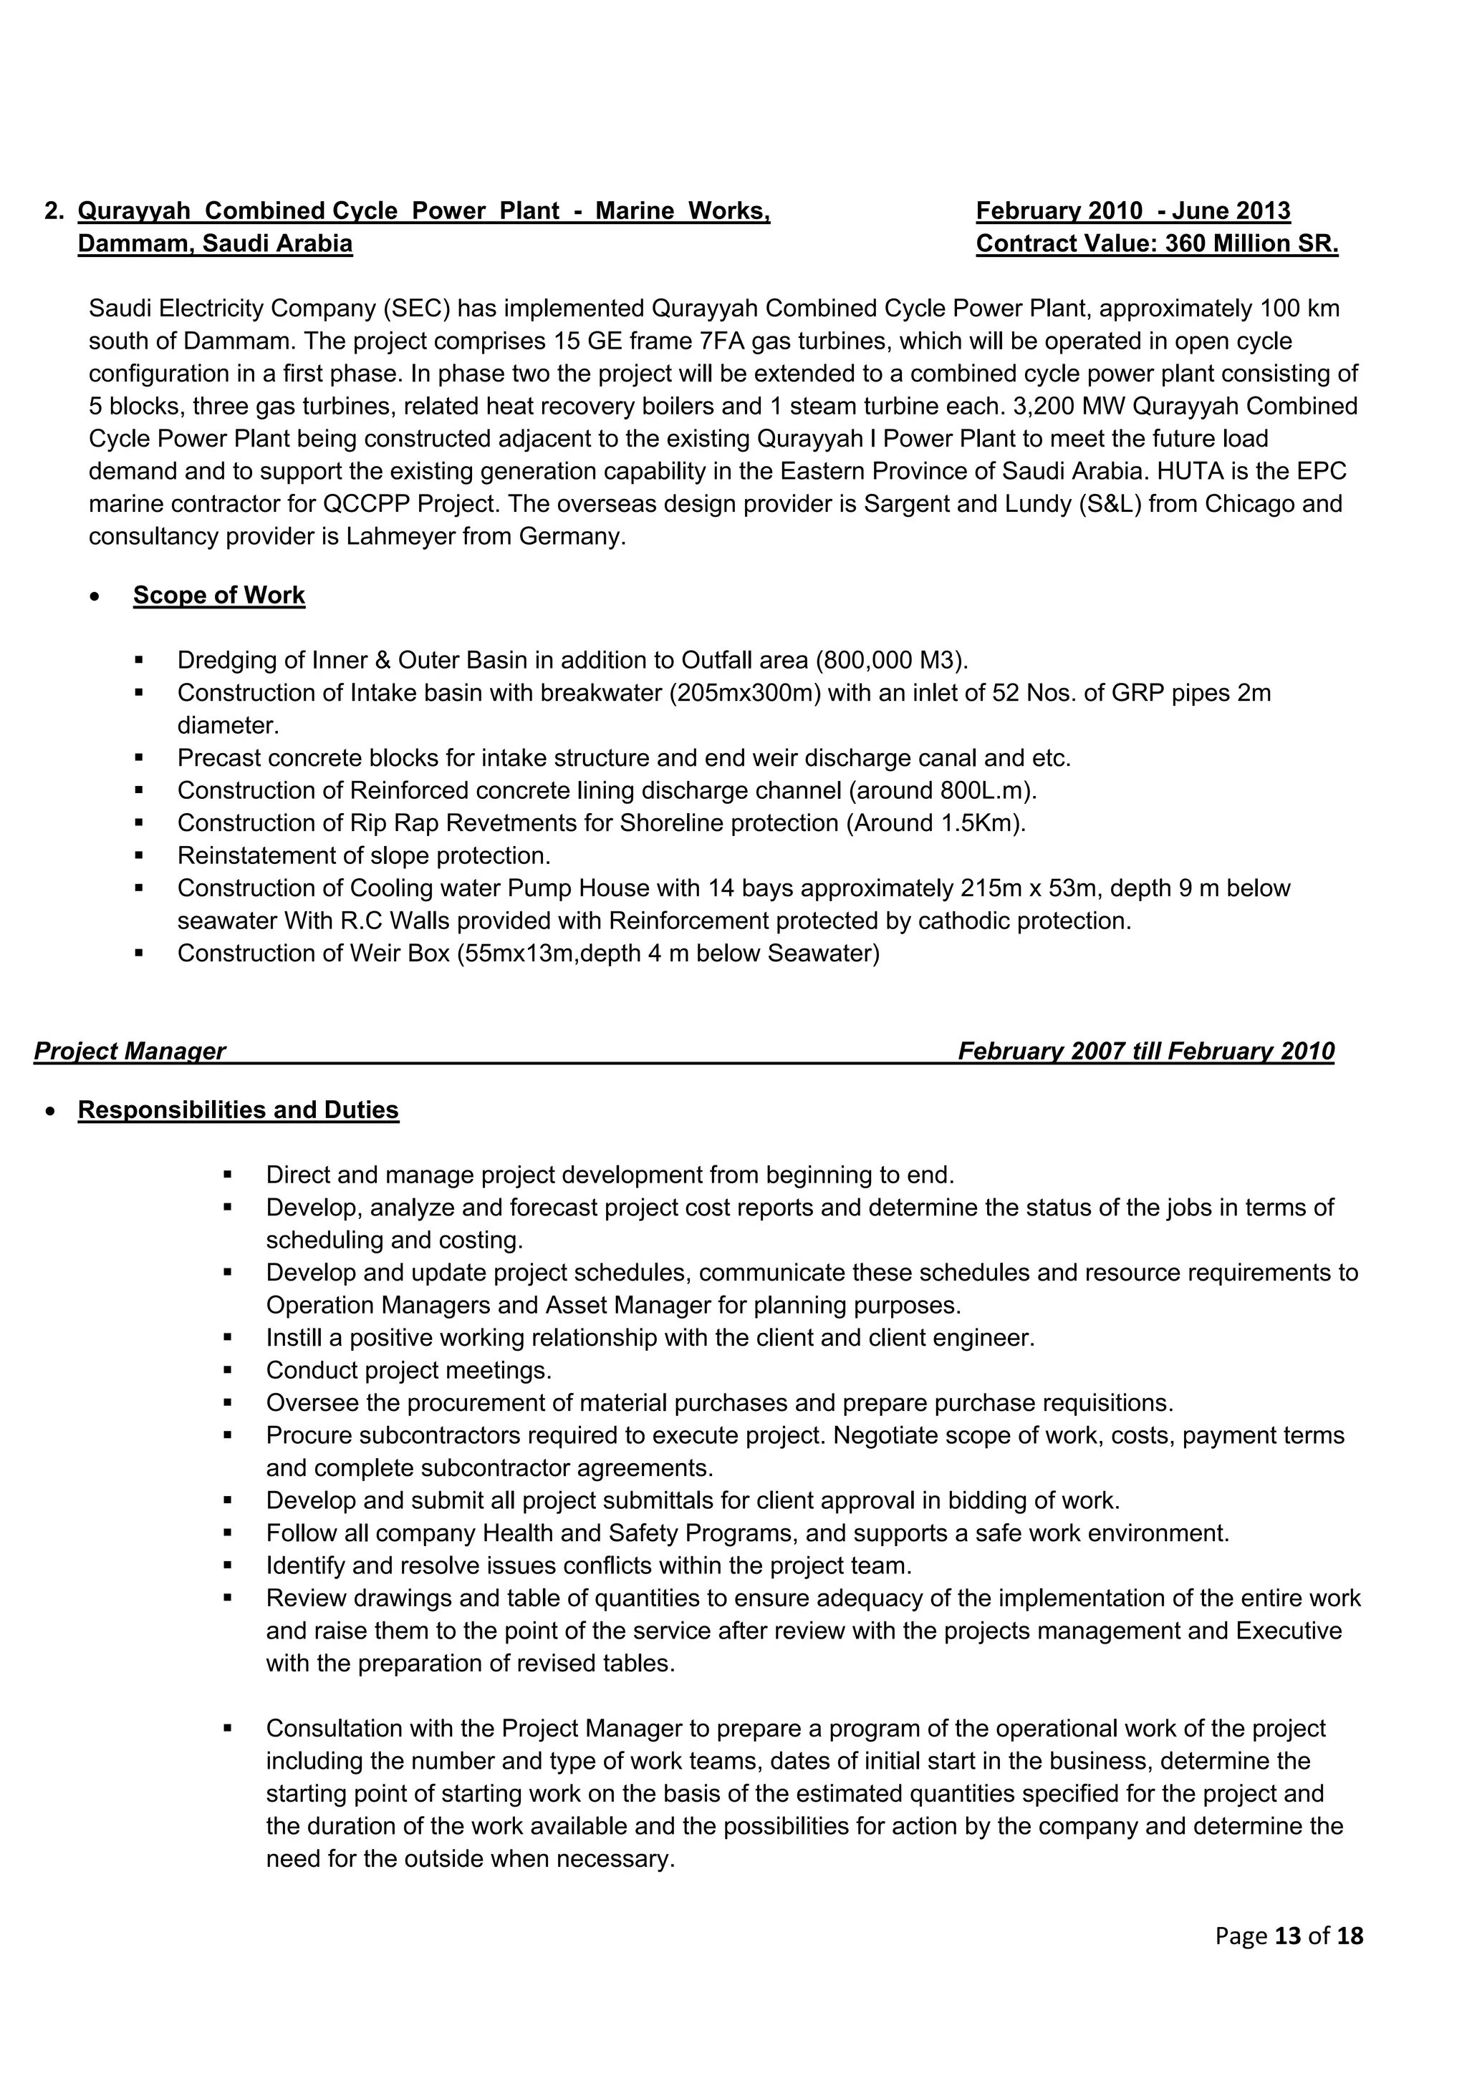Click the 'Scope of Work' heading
pos(218,596)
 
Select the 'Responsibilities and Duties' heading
pos(238,1110)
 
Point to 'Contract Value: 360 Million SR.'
pos(1156,244)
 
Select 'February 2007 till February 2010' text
pos(1145,1051)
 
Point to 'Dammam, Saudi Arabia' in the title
pos(215,244)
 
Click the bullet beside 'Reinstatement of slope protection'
pos(139,855)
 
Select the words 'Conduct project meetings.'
pos(408,1371)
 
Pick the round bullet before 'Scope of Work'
pos(96,598)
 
